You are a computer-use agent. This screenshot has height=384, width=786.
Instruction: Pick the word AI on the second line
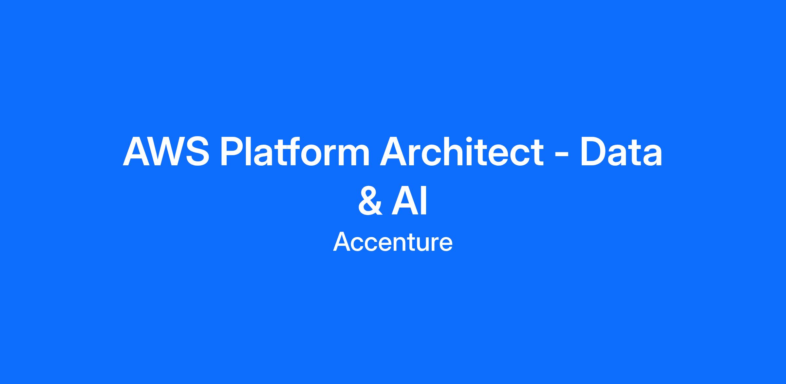click(x=409, y=201)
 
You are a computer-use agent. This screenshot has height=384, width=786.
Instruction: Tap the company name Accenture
click(x=393, y=242)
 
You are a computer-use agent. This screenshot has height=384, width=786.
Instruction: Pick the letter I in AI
click(x=424, y=201)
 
